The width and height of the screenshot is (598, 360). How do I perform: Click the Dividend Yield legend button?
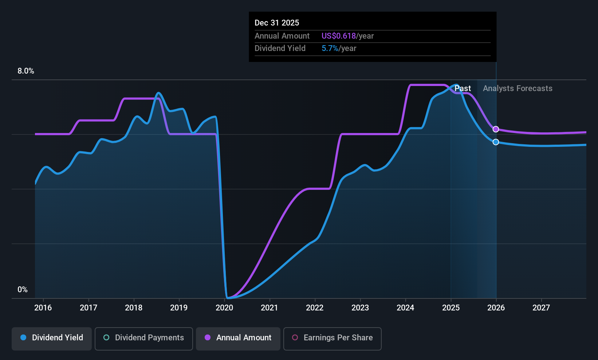(x=52, y=338)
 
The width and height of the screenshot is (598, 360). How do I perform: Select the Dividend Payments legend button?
(x=144, y=338)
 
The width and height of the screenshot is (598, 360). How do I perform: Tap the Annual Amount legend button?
(x=238, y=338)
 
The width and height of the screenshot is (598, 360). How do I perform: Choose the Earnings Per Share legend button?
(x=332, y=338)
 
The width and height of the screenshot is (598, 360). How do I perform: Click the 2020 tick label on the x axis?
(x=224, y=308)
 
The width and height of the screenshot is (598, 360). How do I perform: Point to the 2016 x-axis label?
(x=43, y=308)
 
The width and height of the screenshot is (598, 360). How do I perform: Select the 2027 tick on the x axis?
(x=541, y=308)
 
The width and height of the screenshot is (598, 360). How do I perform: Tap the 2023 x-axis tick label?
(x=360, y=308)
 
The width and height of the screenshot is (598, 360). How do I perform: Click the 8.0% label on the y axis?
(x=26, y=71)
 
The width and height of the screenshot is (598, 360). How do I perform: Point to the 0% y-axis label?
(x=23, y=290)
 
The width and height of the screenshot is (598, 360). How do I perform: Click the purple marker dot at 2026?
(x=496, y=129)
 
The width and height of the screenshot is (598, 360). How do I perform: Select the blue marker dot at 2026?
(x=496, y=142)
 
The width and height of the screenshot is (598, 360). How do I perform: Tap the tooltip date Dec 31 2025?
(x=277, y=23)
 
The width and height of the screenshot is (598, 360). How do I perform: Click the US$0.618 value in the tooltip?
(x=338, y=36)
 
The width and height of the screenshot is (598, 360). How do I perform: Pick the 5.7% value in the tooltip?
(x=330, y=48)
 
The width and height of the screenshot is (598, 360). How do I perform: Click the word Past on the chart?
(x=463, y=89)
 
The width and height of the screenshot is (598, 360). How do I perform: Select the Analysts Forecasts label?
(x=518, y=89)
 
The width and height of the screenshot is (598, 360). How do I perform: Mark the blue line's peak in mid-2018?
(x=158, y=93)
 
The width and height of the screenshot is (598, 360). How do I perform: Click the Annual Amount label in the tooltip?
(x=282, y=36)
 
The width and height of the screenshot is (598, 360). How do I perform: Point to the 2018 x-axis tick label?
(x=134, y=308)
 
